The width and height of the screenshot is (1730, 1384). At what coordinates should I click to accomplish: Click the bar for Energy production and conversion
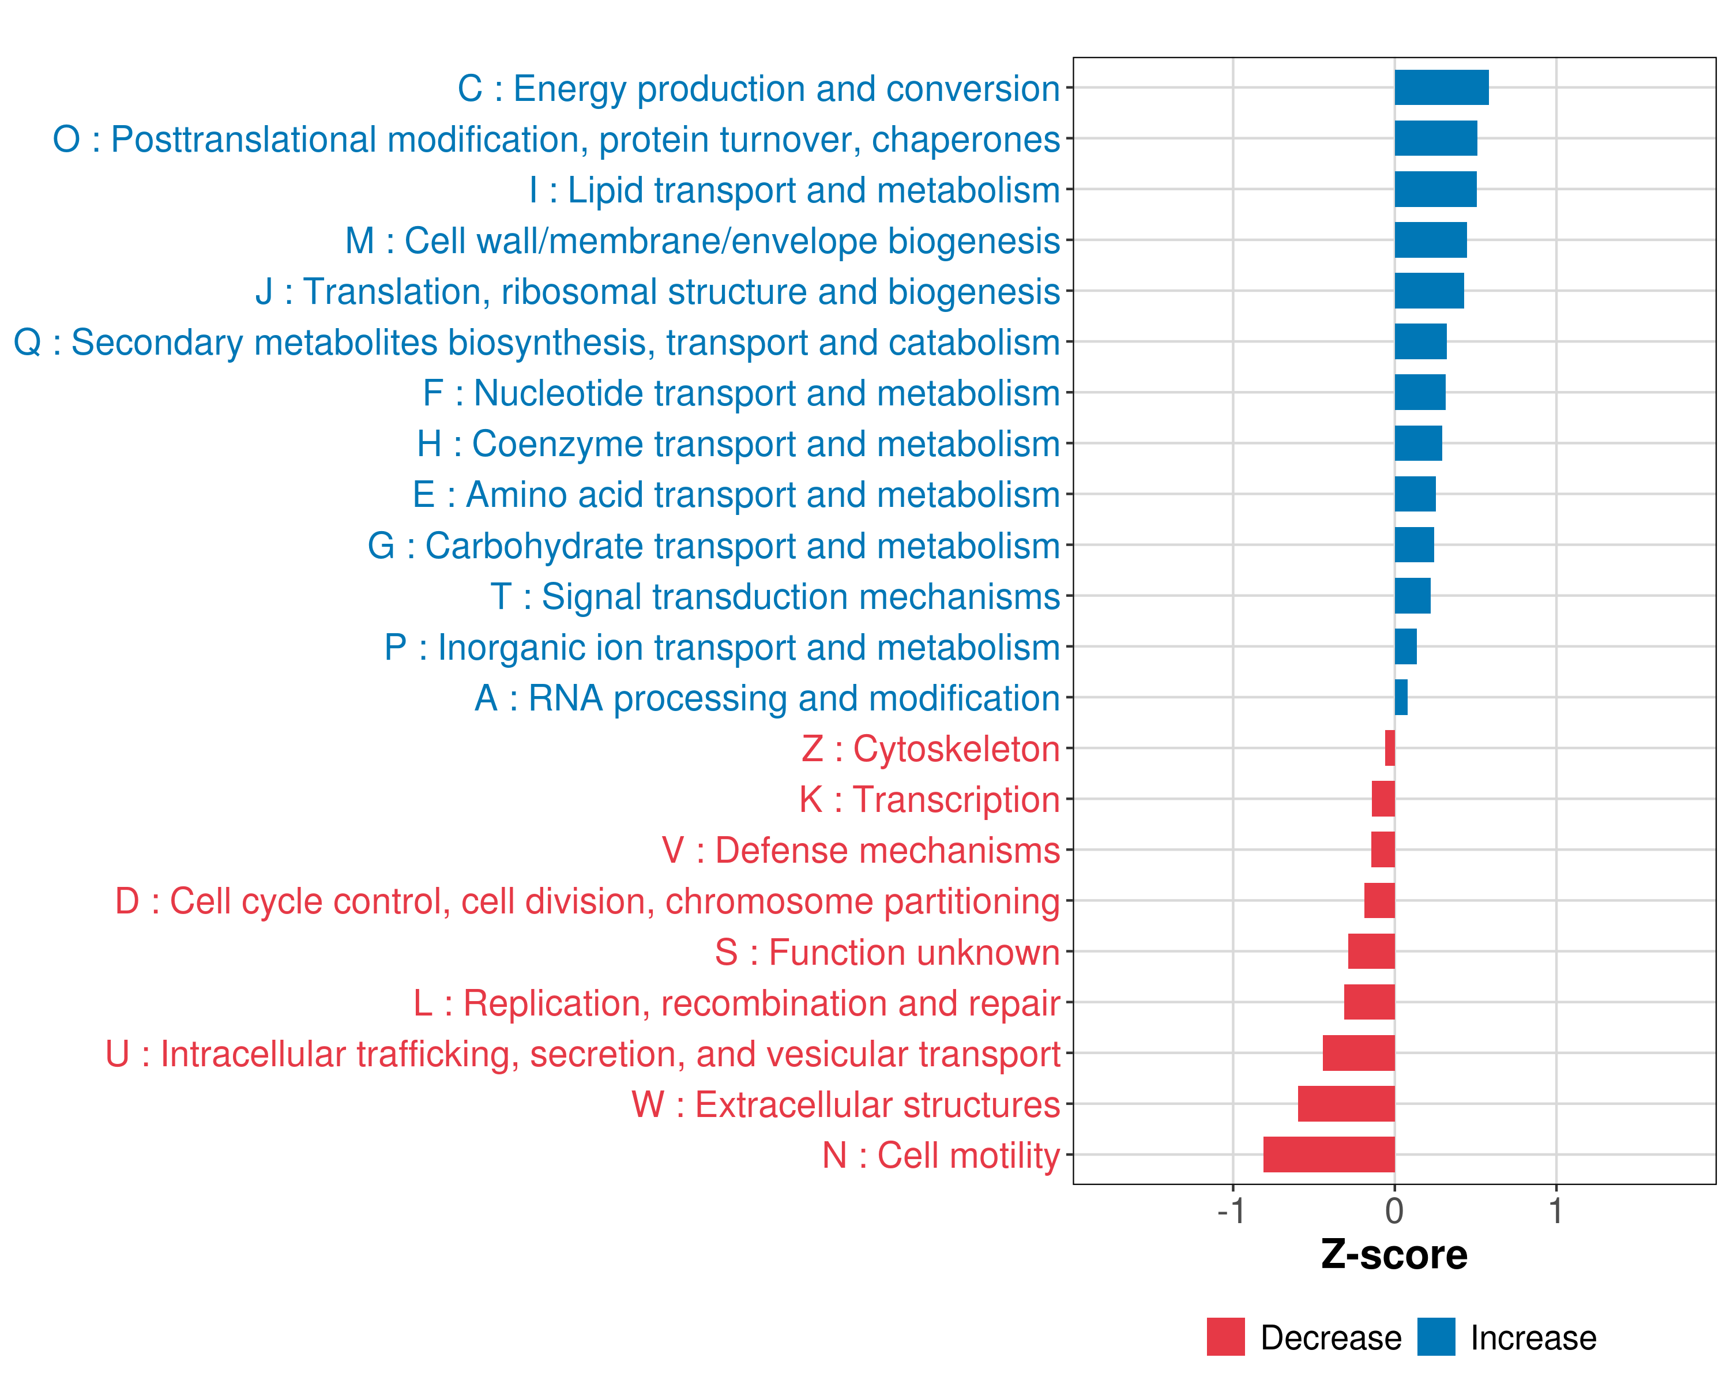[1441, 88]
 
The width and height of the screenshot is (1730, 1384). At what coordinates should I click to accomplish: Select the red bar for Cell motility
[1329, 1154]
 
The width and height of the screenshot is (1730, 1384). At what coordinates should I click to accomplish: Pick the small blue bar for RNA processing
[1401, 697]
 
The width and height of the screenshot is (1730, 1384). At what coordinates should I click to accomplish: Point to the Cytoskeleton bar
[1390, 749]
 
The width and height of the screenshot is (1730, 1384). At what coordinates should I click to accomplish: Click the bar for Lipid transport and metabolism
[1435, 189]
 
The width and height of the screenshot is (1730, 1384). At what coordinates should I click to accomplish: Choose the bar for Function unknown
[1371, 951]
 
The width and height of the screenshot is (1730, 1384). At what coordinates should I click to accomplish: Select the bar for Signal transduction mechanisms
[1412, 596]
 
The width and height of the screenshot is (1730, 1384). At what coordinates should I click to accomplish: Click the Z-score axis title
[1394, 1255]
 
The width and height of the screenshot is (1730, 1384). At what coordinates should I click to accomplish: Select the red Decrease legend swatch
[1225, 1337]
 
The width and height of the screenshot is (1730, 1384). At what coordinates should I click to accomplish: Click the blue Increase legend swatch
[1435, 1337]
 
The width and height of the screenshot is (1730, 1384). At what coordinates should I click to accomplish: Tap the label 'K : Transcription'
[929, 800]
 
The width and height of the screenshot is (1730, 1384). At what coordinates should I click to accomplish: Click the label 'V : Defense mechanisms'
[860, 851]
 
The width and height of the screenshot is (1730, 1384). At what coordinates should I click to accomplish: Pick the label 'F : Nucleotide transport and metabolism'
[742, 393]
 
